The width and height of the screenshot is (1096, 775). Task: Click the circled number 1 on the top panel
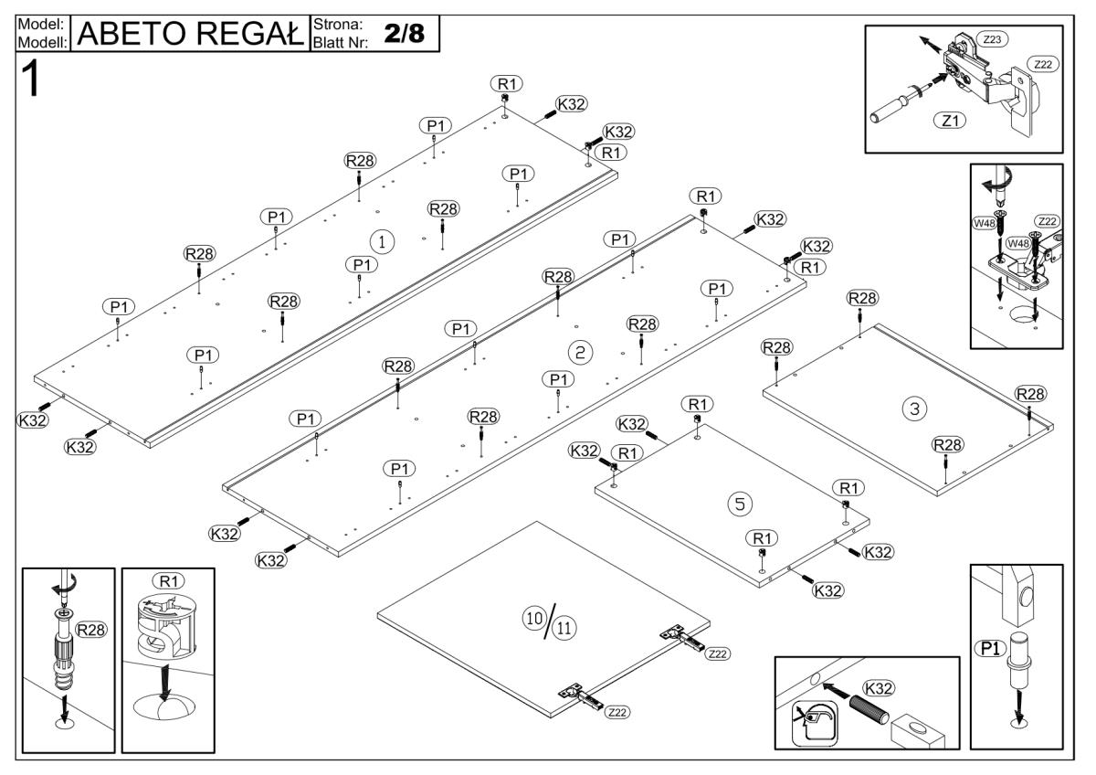pos(383,241)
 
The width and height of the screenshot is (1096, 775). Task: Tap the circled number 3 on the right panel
pos(911,409)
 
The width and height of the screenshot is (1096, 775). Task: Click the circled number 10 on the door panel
pos(532,619)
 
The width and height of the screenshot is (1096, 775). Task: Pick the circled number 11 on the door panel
pos(566,629)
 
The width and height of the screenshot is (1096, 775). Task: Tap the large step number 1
pos(32,80)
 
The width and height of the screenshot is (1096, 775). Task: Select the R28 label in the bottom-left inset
pos(90,630)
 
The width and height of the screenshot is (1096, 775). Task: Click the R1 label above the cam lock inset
pos(169,579)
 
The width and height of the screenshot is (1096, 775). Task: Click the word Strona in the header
pos(338,23)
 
